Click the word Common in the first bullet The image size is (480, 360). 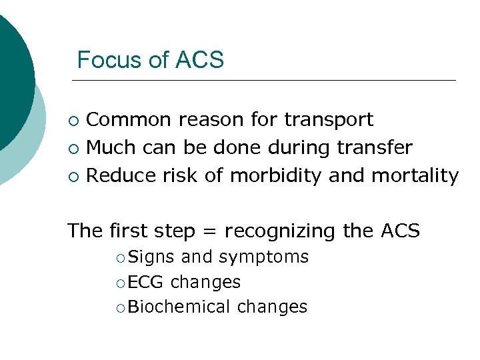[129, 120]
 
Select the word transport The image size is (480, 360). [329, 120]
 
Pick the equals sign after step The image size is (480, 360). [213, 231]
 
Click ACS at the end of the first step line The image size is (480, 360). [400, 231]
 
